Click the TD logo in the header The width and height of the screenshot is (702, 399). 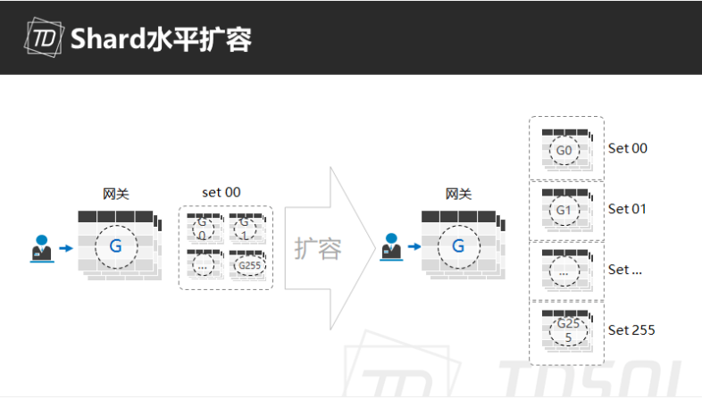pos(44,37)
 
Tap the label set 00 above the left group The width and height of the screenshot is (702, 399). pos(221,192)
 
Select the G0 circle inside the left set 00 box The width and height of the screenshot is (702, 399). pos(203,229)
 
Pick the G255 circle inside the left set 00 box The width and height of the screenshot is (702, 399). pos(249,265)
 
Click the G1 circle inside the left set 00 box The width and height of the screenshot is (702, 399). pos(245,229)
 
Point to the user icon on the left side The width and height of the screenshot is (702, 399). pos(42,249)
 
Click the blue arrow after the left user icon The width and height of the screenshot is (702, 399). pos(66,248)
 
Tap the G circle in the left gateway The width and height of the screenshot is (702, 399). pos(116,246)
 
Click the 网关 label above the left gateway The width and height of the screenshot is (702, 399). pos(116,194)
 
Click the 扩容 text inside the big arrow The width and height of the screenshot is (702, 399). pos(318,249)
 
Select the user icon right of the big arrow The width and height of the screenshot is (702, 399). pos(391,246)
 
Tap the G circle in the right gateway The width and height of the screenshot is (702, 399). pos(459,246)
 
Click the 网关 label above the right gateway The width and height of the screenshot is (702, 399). pos(458,194)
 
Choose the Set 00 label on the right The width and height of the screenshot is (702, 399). pos(628,148)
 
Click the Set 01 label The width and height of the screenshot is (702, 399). pos(627,209)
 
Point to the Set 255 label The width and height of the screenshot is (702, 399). pos(631,330)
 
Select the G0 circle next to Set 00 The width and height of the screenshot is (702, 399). pos(564,150)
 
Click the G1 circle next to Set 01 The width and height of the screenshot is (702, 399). pos(564,211)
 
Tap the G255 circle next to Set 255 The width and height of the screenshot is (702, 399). pos(568,330)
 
